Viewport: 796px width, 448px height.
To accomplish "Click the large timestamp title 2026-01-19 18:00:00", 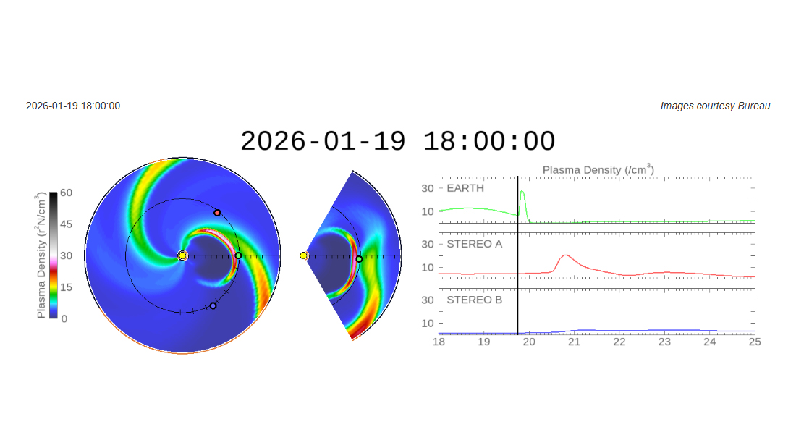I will pos(397,141).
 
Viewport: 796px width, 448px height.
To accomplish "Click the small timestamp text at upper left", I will pos(73,106).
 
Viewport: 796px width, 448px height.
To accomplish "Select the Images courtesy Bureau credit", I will pos(715,106).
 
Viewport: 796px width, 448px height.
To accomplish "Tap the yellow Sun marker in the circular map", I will pos(182,255).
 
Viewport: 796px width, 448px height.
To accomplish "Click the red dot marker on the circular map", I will pos(217,213).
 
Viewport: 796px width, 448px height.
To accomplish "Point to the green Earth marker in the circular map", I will pos(238,255).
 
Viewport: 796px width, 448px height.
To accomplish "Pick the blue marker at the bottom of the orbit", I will pos(213,305).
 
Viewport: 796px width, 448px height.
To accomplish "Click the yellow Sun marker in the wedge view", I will pos(304,255).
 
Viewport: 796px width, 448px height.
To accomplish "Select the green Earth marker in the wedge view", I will pos(359,259).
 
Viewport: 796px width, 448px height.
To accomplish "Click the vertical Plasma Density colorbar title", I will pos(41,255).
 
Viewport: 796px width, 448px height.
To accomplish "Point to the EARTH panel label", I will pos(465,188).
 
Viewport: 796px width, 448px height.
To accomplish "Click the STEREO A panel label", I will pos(474,244).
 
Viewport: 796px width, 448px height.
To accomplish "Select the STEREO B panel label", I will pos(474,299).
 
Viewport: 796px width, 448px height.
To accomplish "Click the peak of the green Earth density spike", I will pos(522,192).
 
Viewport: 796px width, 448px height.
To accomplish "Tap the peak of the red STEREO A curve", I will pos(565,255).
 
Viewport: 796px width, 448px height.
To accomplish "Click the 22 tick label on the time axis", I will pos(619,342).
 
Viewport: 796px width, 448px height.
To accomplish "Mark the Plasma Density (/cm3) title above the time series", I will pos(598,169).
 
